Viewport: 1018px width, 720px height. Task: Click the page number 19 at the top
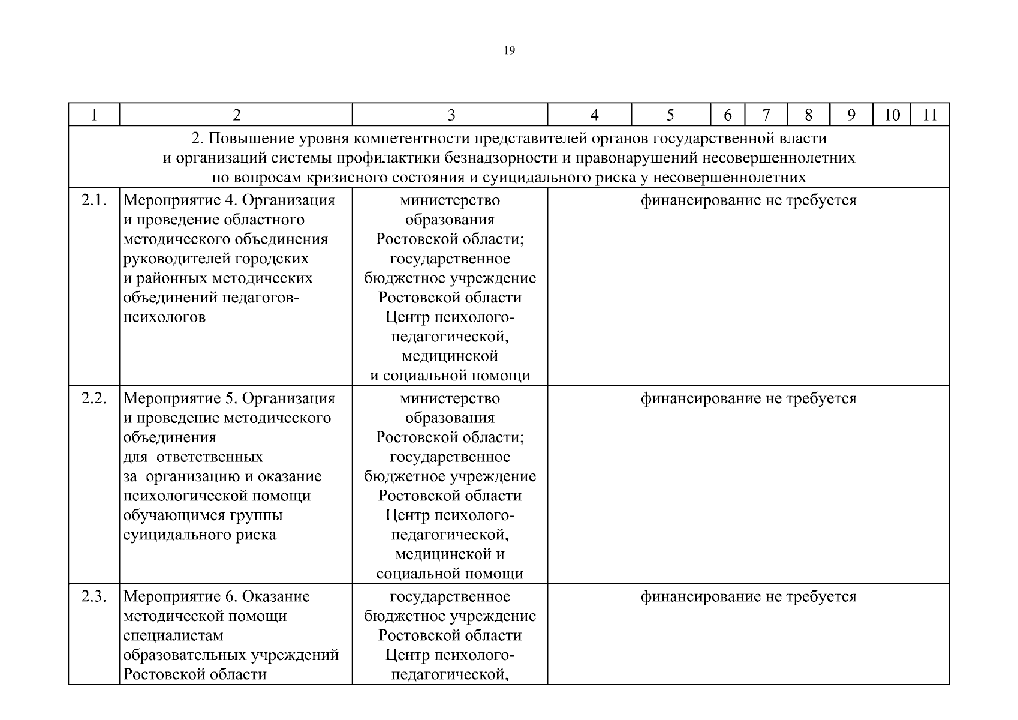[509, 50]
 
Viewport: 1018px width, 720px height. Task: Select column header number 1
[94, 115]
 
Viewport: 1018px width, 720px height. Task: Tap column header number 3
[450, 115]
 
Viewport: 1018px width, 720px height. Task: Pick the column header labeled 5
[670, 115]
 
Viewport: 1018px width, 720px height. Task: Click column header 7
[766, 115]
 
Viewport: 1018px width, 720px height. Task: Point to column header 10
[891, 115]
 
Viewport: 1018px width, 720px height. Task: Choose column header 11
[930, 115]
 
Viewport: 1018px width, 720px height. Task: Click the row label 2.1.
[94, 200]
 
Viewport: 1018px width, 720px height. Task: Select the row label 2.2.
[94, 398]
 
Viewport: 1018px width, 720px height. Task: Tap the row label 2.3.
[94, 596]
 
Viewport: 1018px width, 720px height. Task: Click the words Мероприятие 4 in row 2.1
[180, 200]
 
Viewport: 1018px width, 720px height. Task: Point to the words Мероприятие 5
[180, 398]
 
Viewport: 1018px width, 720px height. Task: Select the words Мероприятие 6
[180, 596]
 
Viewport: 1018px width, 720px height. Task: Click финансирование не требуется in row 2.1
[748, 200]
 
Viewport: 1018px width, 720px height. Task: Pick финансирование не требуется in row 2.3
[748, 596]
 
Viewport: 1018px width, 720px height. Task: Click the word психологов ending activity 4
[164, 317]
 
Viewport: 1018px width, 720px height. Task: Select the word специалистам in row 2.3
[173, 635]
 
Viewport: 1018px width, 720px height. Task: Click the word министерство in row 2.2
[450, 398]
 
